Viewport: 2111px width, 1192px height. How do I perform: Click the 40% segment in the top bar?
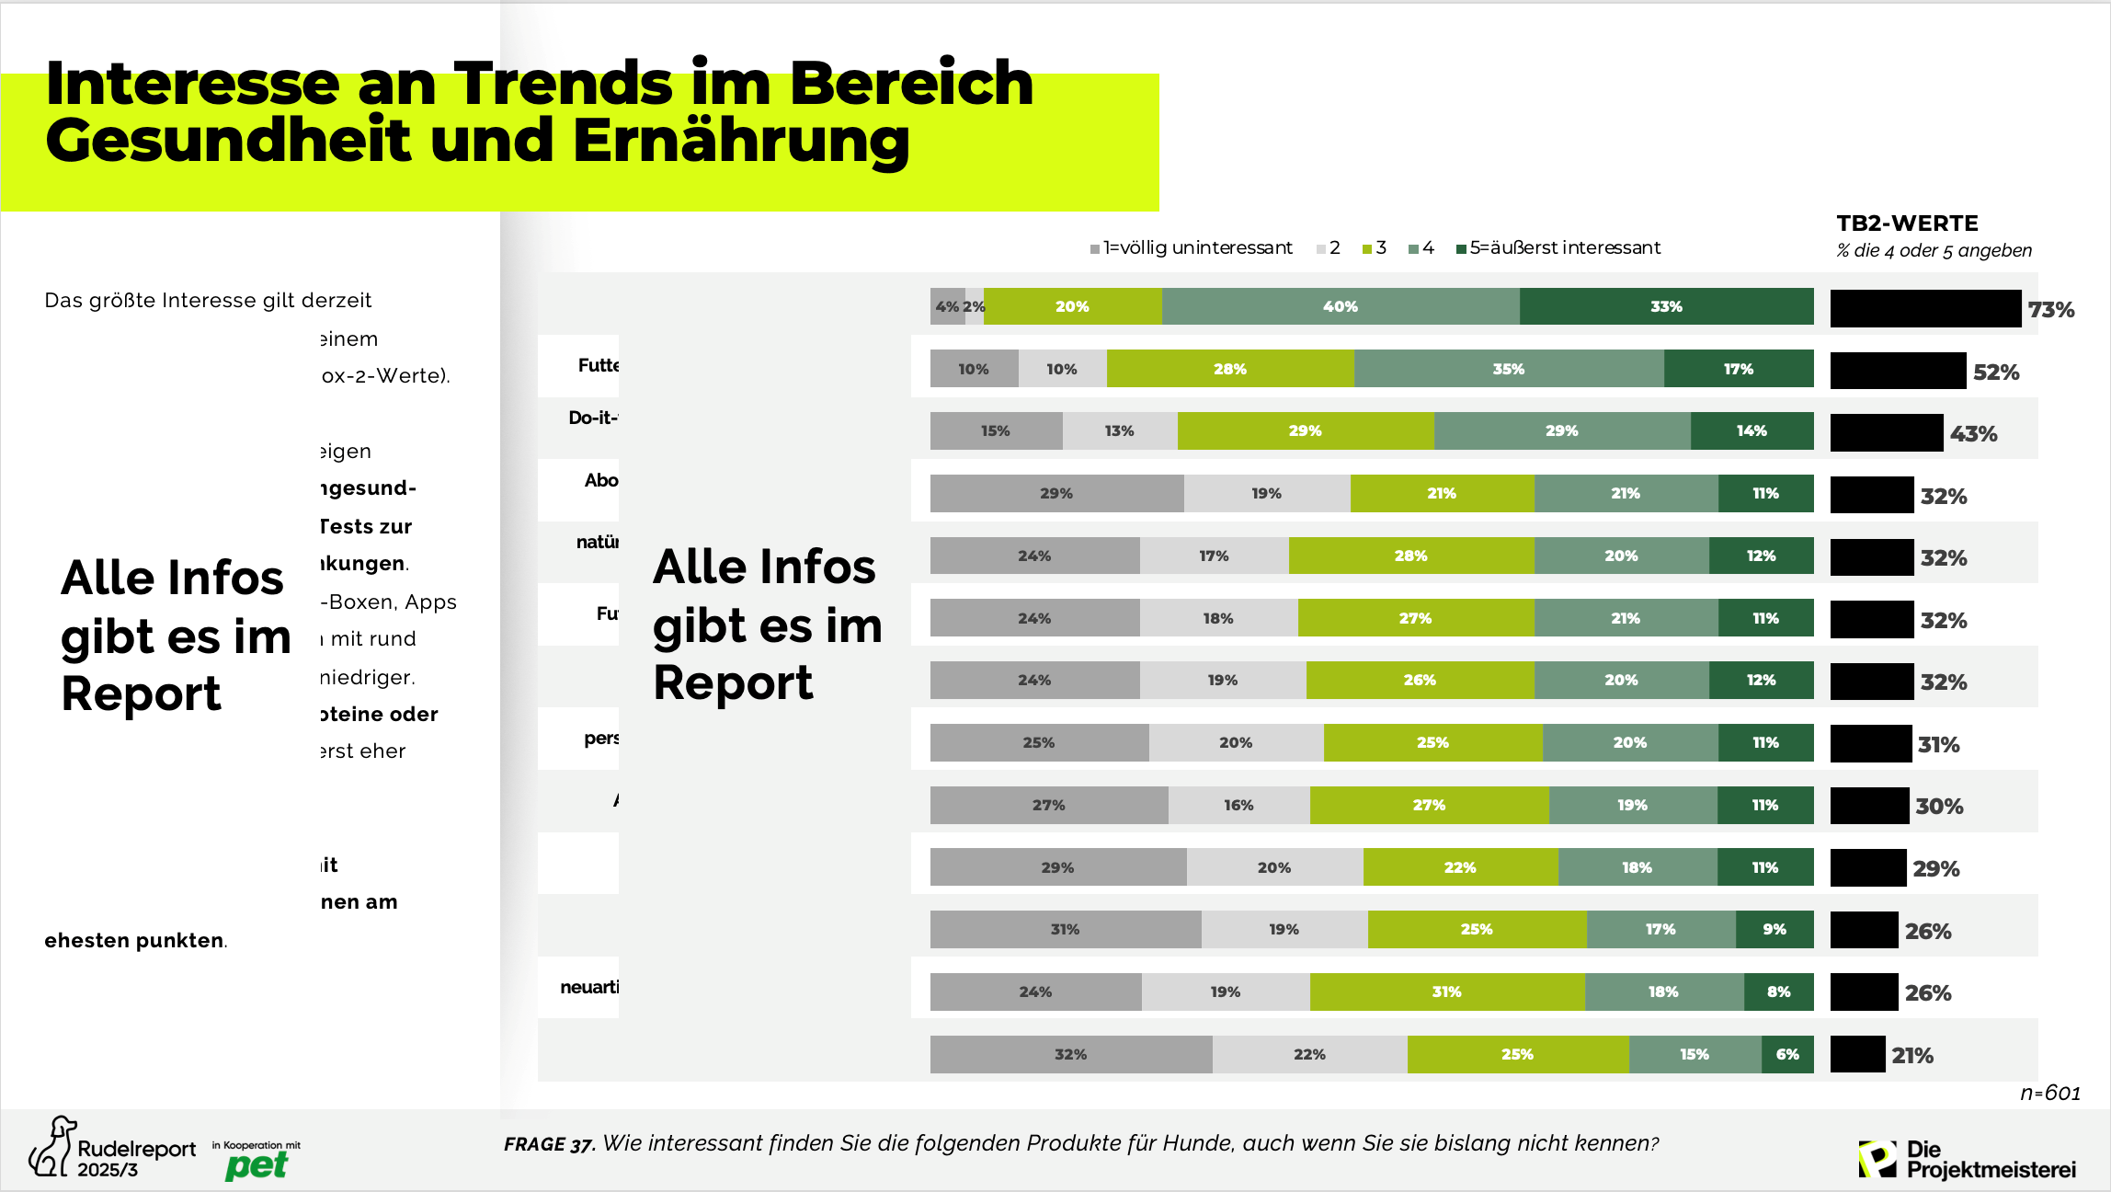(x=1340, y=306)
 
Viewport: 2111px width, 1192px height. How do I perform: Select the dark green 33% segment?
(x=1665, y=306)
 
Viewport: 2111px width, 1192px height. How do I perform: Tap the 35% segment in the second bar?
(x=1508, y=369)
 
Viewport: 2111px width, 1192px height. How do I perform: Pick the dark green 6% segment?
(x=1786, y=1054)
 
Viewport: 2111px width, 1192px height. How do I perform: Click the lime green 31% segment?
(x=1446, y=991)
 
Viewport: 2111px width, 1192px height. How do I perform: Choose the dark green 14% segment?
(x=1751, y=430)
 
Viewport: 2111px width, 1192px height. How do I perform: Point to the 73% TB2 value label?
(x=2051, y=310)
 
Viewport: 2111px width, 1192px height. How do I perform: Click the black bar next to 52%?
(x=1898, y=371)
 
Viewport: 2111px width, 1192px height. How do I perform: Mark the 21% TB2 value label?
(x=1912, y=1056)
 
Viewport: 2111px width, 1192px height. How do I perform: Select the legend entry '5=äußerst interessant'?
(x=1564, y=247)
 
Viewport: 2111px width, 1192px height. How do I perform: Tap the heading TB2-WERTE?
(x=1907, y=223)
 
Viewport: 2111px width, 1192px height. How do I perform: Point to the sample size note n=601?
(x=2049, y=1093)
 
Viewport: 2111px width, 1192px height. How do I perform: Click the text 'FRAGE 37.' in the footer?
(x=549, y=1144)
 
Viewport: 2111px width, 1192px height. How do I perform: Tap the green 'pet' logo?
(x=257, y=1165)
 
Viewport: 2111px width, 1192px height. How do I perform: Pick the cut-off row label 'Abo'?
(x=601, y=480)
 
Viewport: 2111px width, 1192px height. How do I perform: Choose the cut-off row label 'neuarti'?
(x=589, y=987)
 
